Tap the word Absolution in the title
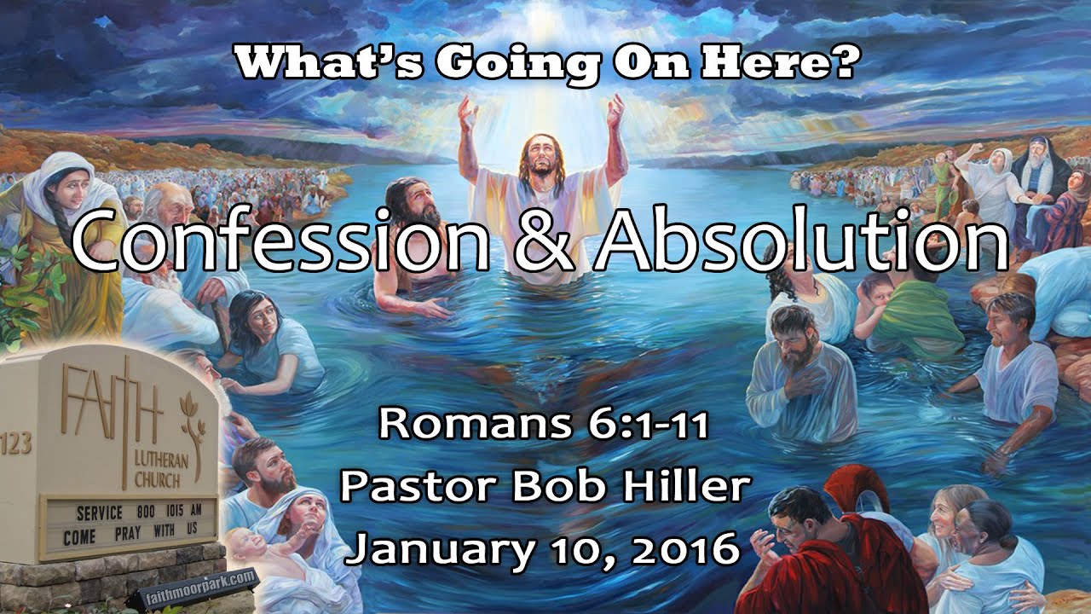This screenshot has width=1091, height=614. point(801,240)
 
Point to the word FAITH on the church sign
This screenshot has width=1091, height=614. point(112,401)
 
